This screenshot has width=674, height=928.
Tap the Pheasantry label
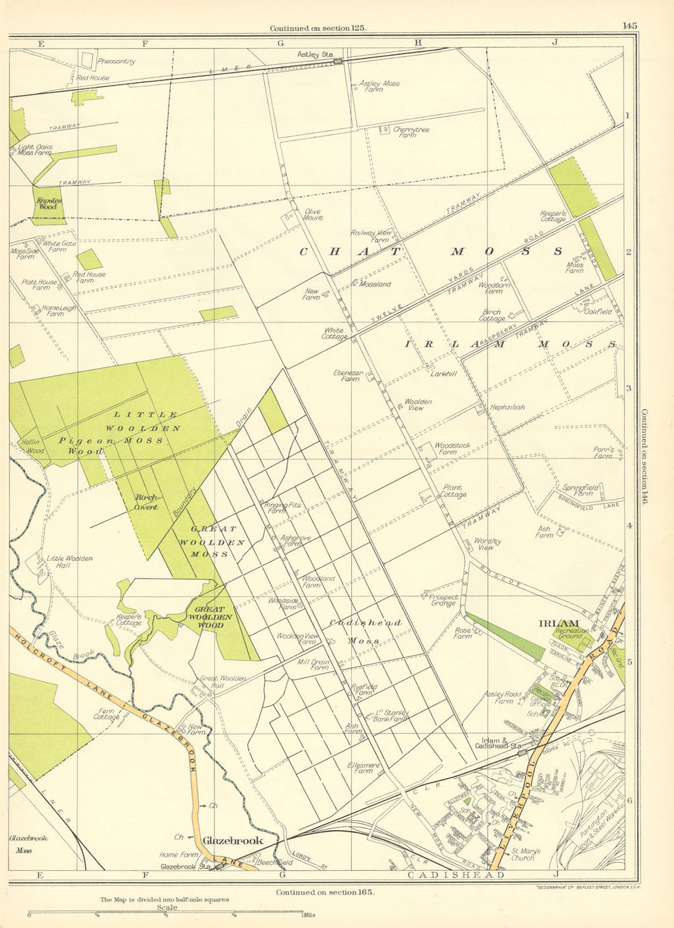pos(116,61)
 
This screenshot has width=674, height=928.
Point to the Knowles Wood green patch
pos(49,204)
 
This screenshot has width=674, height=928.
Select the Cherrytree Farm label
pos(411,132)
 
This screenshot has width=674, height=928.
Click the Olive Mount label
pos(313,214)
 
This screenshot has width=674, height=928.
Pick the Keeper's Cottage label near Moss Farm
pos(553,216)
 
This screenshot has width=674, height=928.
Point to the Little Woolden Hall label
pos(69,561)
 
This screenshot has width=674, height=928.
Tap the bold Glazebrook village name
pos(233,840)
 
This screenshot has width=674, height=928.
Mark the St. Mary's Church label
pos(522,854)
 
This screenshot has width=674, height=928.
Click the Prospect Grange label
pos(443,600)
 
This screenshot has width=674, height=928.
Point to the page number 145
pos(630,26)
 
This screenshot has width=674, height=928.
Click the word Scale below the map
pos(167,907)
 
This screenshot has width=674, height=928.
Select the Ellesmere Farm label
pos(364,768)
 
